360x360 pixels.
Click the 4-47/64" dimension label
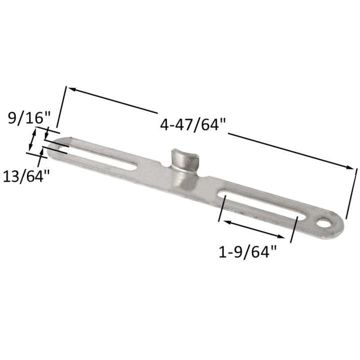(x=193, y=124)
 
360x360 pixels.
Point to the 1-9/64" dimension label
(x=247, y=252)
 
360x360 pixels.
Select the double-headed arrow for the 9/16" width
(x=33, y=139)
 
